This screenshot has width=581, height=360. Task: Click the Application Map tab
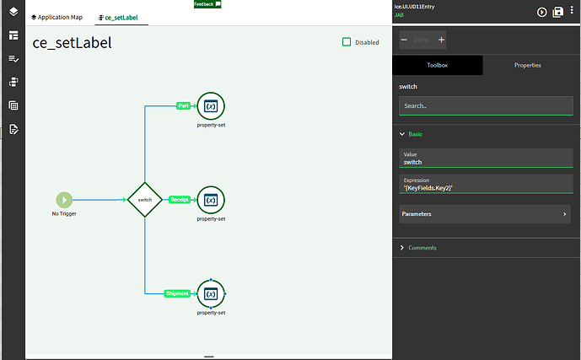[56, 17]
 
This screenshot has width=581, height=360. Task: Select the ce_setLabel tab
[117, 17]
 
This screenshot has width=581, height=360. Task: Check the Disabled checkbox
[347, 42]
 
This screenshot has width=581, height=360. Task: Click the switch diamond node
[145, 200]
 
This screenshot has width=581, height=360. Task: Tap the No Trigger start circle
[64, 200]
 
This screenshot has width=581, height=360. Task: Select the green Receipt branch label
[179, 200]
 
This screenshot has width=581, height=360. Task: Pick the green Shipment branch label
[177, 293]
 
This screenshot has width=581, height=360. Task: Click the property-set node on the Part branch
[211, 106]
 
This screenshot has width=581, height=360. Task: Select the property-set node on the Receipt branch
[211, 200]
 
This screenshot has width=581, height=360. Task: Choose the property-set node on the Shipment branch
[211, 293]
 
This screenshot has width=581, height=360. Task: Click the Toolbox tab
[438, 65]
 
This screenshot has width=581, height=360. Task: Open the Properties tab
[527, 65]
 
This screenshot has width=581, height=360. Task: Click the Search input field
[485, 106]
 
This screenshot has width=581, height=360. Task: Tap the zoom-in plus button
[442, 40]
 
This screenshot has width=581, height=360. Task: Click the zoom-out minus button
[404, 40]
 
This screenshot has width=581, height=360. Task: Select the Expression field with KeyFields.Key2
[485, 184]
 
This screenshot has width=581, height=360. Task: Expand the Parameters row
[485, 214]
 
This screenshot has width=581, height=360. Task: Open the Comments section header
[422, 248]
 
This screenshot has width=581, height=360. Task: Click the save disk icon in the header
[557, 12]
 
